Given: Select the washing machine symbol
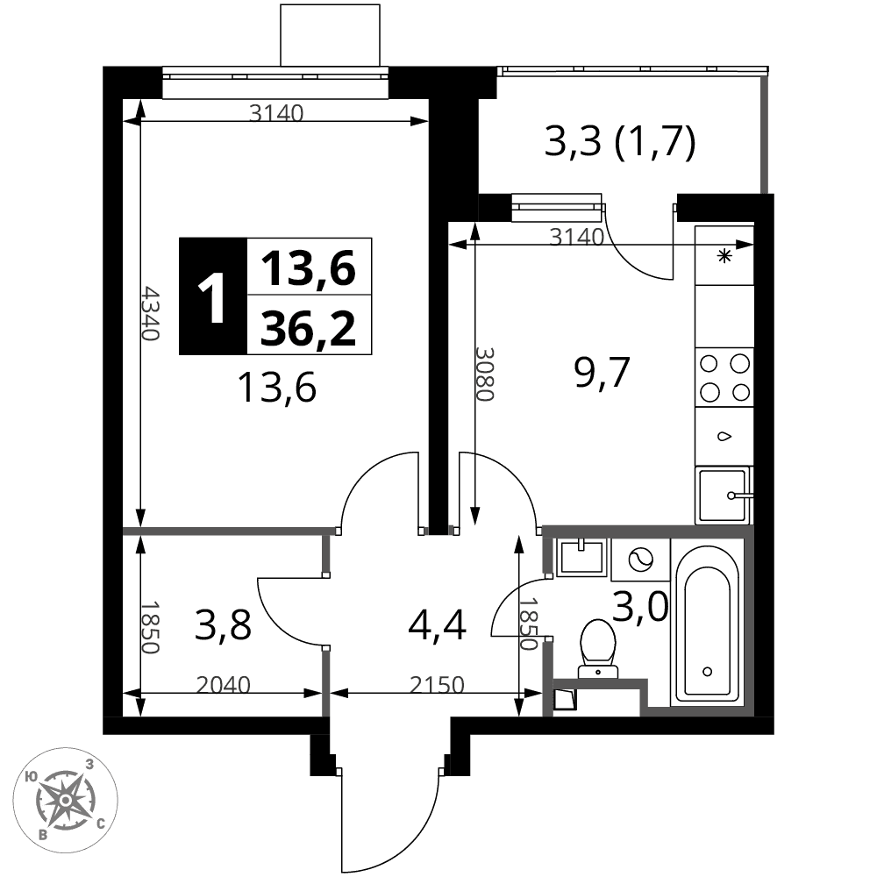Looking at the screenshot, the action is (x=640, y=560).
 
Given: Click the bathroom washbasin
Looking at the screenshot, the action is (x=581, y=558).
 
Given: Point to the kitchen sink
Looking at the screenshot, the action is (x=724, y=496).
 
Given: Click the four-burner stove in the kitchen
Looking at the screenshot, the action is (x=724, y=377).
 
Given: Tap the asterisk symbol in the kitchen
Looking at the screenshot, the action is (x=725, y=257).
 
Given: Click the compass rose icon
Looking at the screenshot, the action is (x=66, y=801).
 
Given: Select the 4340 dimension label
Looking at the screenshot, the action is (x=151, y=313).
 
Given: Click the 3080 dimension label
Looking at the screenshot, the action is (x=485, y=374).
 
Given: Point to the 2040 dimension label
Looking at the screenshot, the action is (x=223, y=685).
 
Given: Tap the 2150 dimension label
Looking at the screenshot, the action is (x=437, y=685).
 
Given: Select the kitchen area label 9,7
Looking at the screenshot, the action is (x=602, y=373).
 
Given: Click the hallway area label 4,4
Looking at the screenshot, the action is (x=437, y=626).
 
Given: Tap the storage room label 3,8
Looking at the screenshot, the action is (x=223, y=625).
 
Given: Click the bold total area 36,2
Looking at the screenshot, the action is (x=309, y=328).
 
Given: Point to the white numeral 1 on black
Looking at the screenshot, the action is (x=212, y=297).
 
